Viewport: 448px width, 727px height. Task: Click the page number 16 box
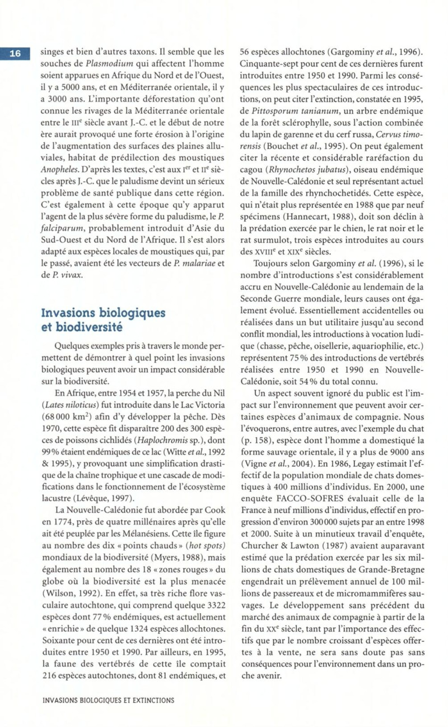[16, 54]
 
